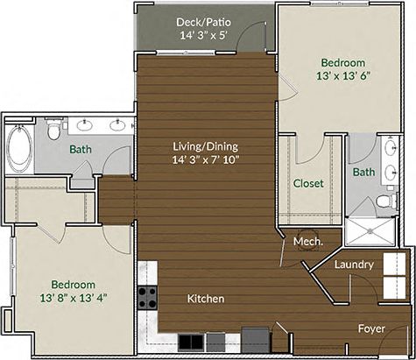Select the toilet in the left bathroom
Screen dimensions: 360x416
pos(55,132)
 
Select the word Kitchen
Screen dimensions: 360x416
pos(207,299)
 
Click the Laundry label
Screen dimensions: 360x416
pos(354,264)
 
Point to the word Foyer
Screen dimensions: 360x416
pos(372,328)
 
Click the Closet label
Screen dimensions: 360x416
pos(308,184)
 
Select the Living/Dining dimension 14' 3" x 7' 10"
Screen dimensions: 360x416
pos(206,159)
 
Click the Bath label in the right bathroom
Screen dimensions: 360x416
pos(363,173)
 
